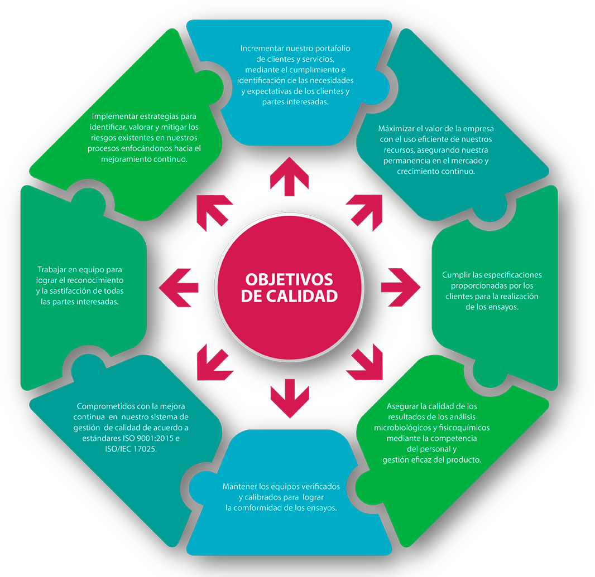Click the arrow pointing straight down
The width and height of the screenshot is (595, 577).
coord(290,397)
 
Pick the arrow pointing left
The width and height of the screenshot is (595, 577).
coord(179,288)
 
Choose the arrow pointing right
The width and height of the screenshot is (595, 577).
coord(400,288)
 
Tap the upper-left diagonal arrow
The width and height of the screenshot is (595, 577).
coord(213,211)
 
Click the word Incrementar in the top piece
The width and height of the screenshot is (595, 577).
coord(262,49)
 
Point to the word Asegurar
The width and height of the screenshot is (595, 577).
coord(402,406)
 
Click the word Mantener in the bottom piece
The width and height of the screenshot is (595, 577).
coord(239,487)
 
